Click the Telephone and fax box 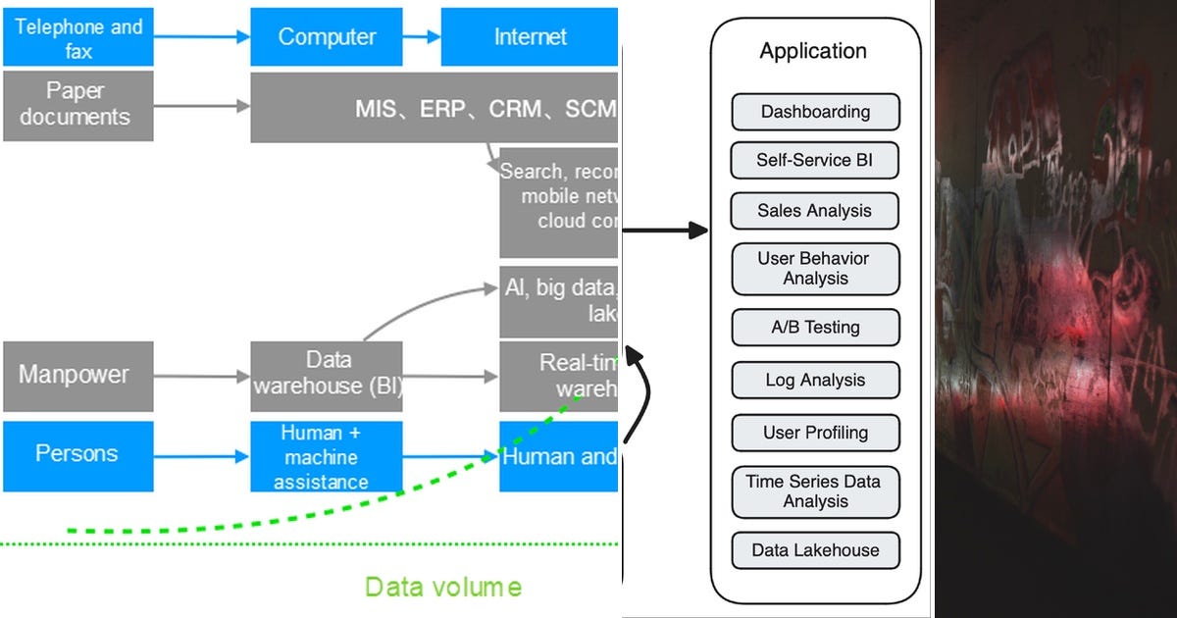pos(78,37)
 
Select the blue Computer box pos(327,37)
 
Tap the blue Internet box pos(530,37)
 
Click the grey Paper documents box pos(78,105)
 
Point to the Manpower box pos(78,376)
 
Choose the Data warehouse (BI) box pos(327,376)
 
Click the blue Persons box pos(78,455)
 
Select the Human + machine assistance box pos(327,457)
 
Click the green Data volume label pos(442,588)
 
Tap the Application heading pos(813,51)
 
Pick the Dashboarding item pos(815,112)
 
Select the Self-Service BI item pos(815,160)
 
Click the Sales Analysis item pos(815,211)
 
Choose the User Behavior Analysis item pos(815,269)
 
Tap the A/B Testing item pos(815,328)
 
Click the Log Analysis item pos(815,380)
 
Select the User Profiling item pos(815,433)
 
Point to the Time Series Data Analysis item pos(815,491)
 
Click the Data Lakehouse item pos(815,550)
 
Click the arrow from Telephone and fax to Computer pos(202,37)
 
